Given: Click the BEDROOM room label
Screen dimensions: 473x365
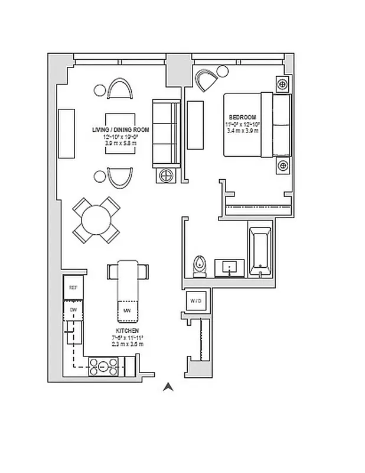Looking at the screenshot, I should coord(243,116).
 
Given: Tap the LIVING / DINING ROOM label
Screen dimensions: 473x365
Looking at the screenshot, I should coord(120,129).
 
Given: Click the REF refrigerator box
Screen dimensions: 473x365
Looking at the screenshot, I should coord(73,288).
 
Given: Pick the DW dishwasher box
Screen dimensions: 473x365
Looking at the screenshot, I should coord(73,309).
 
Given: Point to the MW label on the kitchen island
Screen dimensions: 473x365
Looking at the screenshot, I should coord(127,310).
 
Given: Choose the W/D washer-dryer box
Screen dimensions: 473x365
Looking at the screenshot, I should coord(195,301).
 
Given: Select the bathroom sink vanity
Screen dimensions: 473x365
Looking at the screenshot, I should coord(229,267).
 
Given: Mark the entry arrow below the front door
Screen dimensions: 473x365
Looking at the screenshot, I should coord(168,387).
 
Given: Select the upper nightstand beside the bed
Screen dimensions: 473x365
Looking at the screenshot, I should coord(283,85).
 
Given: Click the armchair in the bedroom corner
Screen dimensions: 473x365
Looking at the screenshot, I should coord(206,80).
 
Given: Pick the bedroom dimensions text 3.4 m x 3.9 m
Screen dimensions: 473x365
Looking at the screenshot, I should coord(243,131).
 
